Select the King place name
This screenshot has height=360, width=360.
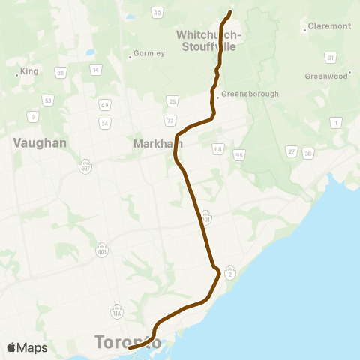pyautogui.click(x=29, y=71)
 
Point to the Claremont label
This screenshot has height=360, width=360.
pyautogui.click(x=329, y=27)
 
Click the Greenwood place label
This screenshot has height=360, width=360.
pyautogui.click(x=327, y=76)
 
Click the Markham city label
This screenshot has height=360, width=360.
pyautogui.click(x=153, y=142)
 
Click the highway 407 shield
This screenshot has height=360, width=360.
pyautogui.click(x=86, y=166)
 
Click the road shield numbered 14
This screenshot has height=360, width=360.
pyautogui.click(x=95, y=70)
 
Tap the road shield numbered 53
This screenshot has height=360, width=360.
pyautogui.click(x=48, y=100)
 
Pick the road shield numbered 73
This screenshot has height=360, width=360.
pyautogui.click(x=171, y=120)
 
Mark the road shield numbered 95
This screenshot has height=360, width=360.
pyautogui.click(x=239, y=154)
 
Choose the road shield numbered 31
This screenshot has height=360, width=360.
pyautogui.click(x=330, y=57)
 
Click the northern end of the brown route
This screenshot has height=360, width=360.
pyautogui.click(x=229, y=11)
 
